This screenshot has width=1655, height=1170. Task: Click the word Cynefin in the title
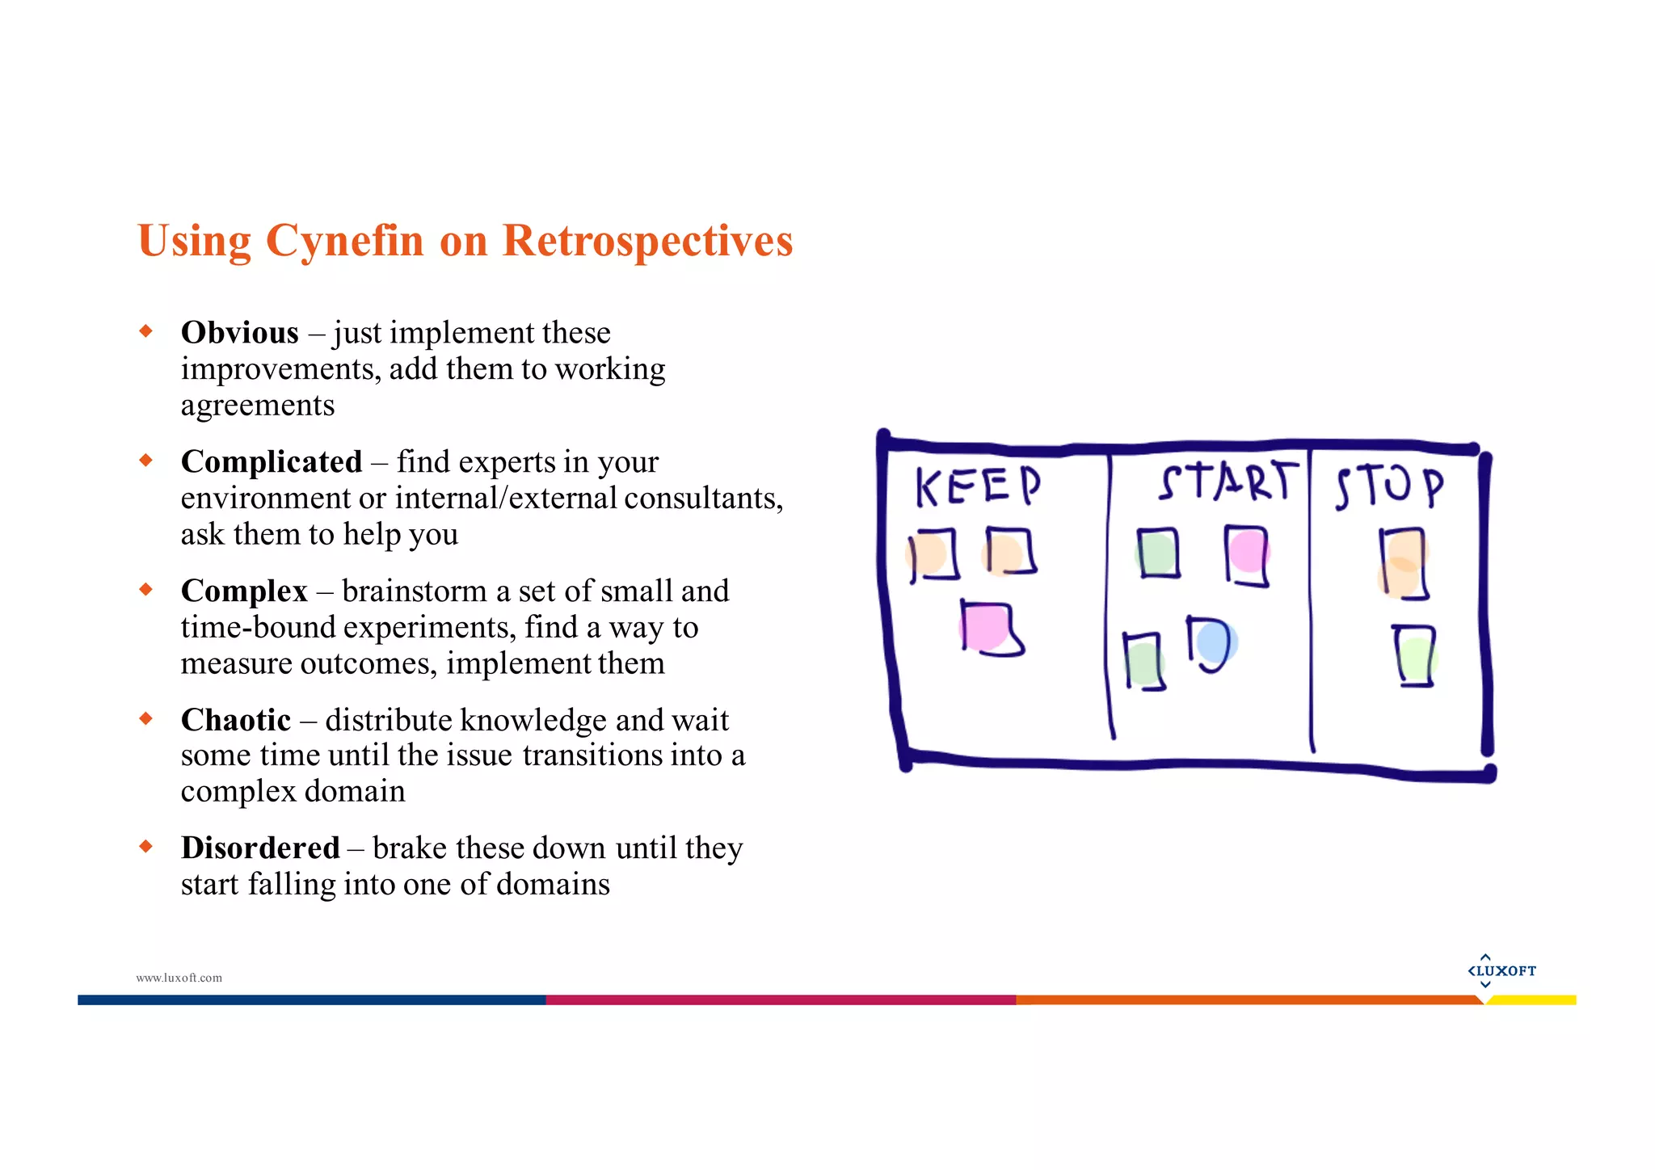click(344, 241)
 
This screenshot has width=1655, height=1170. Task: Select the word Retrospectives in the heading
click(647, 241)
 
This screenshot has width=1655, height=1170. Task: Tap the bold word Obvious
click(240, 333)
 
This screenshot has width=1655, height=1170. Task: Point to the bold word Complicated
click(272, 461)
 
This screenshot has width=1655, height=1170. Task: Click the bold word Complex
click(244, 591)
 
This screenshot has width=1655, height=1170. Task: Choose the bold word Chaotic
click(236, 719)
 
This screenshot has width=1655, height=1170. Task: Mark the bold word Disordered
click(260, 848)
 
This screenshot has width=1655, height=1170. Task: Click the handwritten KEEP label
click(978, 486)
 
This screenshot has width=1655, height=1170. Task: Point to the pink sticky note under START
click(1247, 553)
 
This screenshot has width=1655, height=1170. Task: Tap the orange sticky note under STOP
click(1404, 563)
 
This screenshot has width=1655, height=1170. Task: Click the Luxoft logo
click(1501, 970)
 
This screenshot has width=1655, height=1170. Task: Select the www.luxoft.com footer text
click(179, 978)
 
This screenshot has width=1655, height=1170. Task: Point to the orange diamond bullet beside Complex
click(146, 589)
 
